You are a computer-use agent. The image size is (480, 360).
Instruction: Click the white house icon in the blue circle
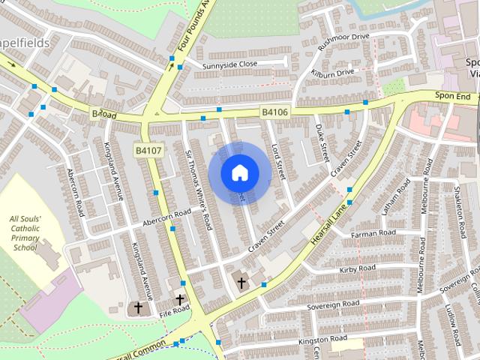point(239,152)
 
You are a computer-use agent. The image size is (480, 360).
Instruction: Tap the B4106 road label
point(275,112)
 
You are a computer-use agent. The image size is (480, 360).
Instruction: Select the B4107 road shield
point(148,130)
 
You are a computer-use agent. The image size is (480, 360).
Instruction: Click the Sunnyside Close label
point(229,64)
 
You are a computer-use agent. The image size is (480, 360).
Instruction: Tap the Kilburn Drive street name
point(334,73)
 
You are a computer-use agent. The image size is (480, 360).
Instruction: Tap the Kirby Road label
point(357,268)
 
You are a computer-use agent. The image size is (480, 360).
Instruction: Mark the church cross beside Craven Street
point(241,283)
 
